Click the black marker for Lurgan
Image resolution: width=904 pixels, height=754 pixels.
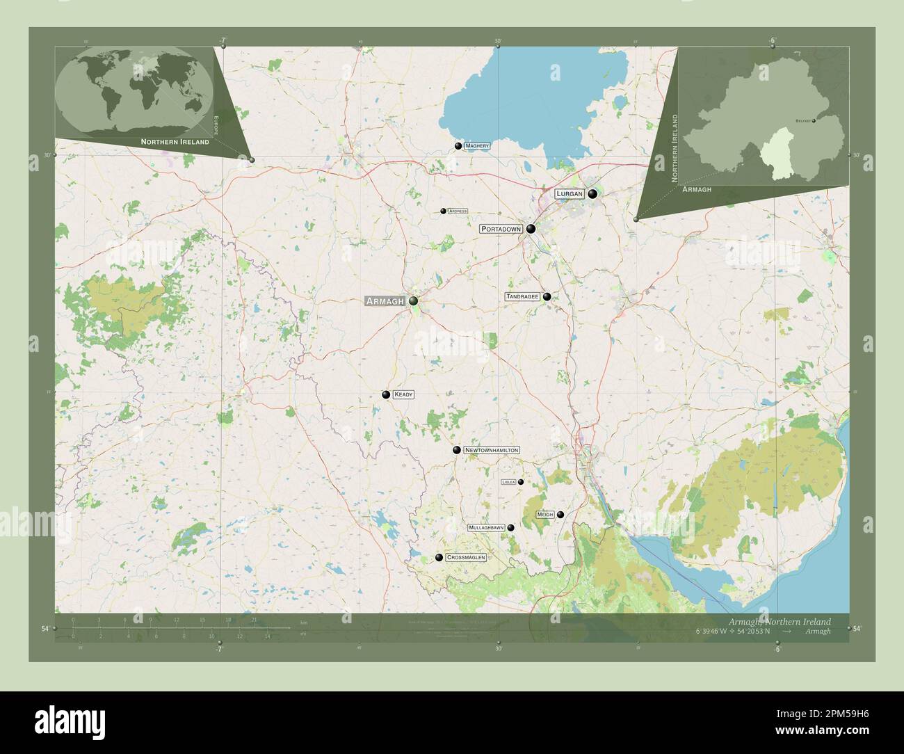[x=592, y=194]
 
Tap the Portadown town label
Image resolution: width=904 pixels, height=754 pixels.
[x=501, y=228]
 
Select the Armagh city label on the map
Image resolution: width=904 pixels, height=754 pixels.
[x=385, y=301]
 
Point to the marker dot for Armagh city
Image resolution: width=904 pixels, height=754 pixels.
[x=414, y=301]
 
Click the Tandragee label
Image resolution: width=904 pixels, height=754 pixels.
[x=522, y=296]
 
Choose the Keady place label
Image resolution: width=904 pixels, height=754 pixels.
[x=403, y=394]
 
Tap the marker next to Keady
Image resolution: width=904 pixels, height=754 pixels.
[x=386, y=394]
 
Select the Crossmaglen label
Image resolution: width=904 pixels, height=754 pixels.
[x=466, y=557]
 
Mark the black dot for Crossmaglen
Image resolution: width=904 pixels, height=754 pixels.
[x=439, y=557]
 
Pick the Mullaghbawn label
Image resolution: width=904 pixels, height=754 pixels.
[x=486, y=528]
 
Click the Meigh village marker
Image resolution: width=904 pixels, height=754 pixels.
[x=560, y=515]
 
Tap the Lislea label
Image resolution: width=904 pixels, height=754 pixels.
[x=508, y=481]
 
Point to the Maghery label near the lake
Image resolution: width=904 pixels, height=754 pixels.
[x=477, y=146]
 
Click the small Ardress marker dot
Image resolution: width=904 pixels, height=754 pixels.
[x=443, y=211]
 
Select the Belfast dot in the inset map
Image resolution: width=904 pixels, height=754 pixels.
[x=814, y=120]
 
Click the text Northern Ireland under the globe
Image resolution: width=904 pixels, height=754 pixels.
[x=175, y=141]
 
